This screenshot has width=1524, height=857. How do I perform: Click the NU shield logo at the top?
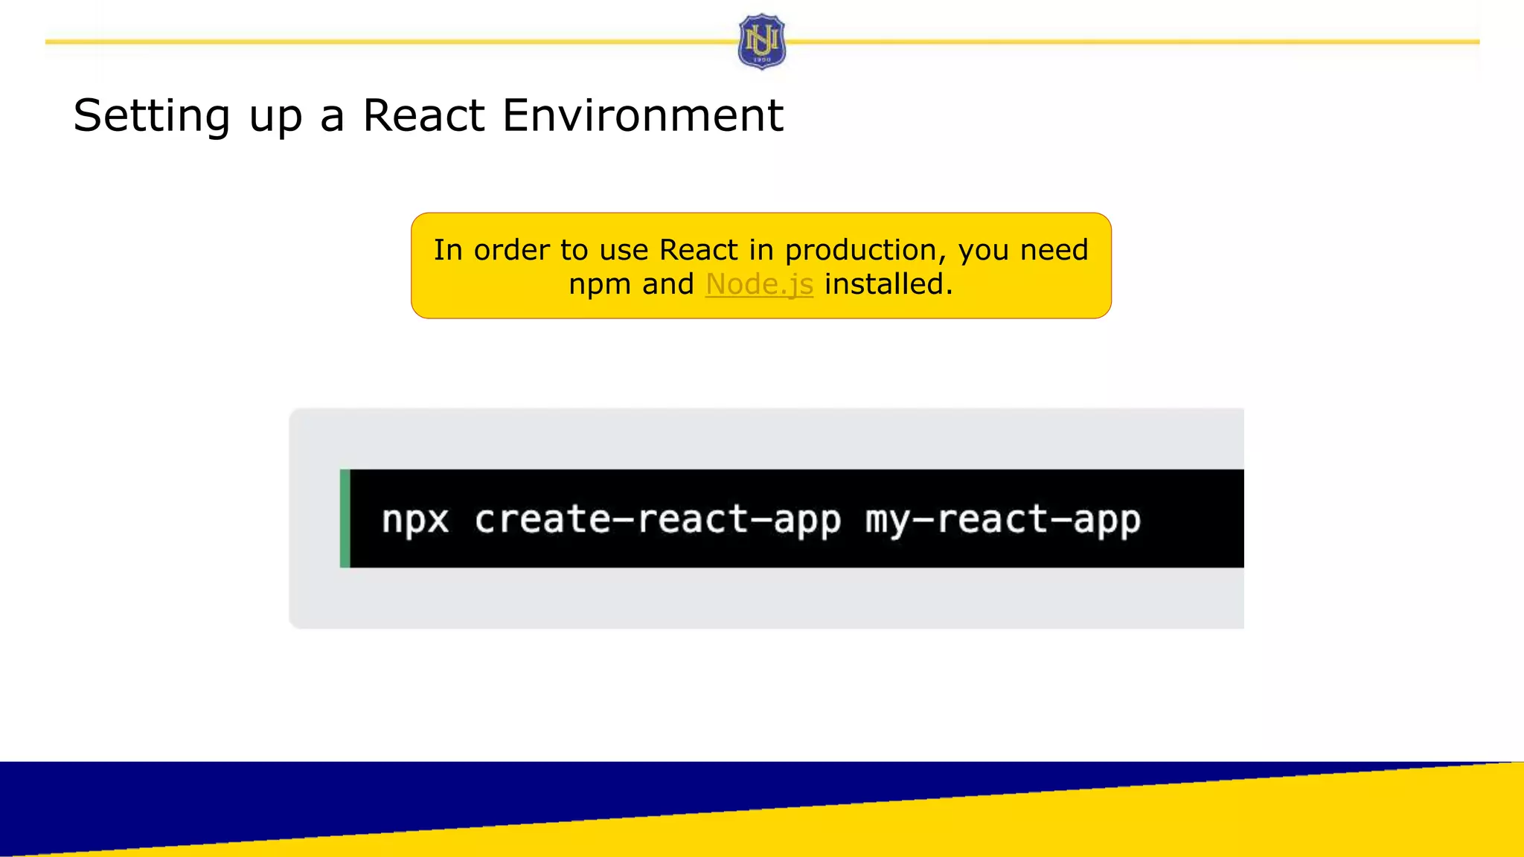tap(761, 42)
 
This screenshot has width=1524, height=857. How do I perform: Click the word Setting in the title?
tap(152, 116)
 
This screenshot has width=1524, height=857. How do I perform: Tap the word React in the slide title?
tap(423, 116)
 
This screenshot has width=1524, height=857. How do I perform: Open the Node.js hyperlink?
tap(759, 284)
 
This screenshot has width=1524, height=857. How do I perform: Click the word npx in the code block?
tap(415, 519)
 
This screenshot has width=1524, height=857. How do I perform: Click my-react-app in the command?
tap(1002, 519)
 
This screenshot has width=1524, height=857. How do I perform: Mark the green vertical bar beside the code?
tap(345, 519)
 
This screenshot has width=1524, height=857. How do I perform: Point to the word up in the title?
tap(275, 118)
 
